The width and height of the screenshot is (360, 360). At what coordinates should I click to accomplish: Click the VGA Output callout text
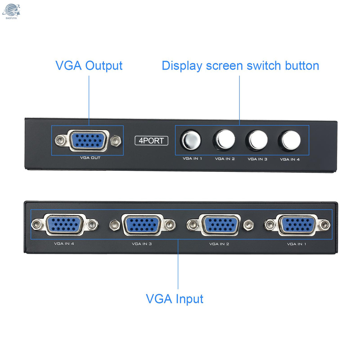[89, 66]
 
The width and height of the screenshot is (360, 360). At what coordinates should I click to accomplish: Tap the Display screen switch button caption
[240, 66]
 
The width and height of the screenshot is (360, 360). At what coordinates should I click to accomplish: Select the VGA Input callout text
[174, 299]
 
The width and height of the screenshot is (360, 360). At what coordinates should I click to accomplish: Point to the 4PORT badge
[152, 141]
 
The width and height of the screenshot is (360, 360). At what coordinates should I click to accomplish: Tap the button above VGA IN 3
[257, 140]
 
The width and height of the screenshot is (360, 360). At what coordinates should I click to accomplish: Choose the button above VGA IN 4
[289, 140]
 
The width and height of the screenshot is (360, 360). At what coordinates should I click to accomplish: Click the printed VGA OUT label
[90, 158]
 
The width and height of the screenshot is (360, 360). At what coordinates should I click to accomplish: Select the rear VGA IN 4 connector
[64, 224]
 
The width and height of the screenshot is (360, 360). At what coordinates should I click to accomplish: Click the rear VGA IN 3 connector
[142, 224]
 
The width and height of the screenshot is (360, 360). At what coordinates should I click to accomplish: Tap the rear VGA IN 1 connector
[297, 224]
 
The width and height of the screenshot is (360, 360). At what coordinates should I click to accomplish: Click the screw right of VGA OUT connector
[114, 141]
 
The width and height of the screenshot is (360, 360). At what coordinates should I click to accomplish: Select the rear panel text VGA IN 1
[296, 244]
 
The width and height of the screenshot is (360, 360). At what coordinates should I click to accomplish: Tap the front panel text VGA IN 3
[257, 159]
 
